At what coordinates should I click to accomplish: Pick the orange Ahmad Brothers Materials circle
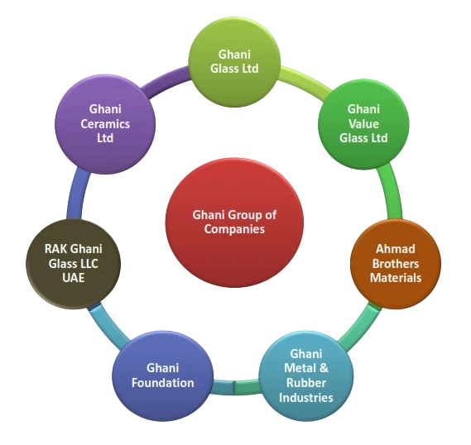pos(395,262)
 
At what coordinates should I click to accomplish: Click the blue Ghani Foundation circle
pos(162,375)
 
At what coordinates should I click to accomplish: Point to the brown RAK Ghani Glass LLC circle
pos(72,262)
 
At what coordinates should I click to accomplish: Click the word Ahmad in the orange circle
pos(396,248)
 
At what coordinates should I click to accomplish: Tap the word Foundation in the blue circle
pos(162,382)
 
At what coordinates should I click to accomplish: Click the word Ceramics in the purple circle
pos(105,123)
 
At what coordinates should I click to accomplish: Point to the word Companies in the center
pos(234,229)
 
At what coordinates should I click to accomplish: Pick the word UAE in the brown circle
pos(72,278)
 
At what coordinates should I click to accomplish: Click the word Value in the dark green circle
pos(363,123)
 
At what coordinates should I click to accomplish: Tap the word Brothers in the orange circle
pos(396,263)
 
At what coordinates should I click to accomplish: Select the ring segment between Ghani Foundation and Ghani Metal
pos(234,385)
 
